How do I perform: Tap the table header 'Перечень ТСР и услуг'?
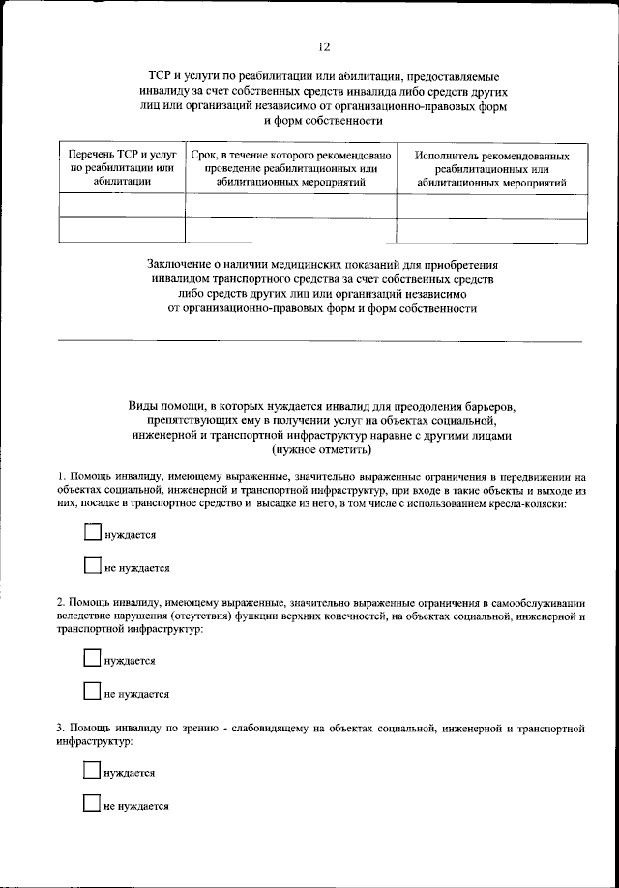pos(122,155)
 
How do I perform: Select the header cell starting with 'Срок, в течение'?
pos(290,155)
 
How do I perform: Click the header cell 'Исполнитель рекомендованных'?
pos(491,156)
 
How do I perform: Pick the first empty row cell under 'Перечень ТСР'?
pos(122,206)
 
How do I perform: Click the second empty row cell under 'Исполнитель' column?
pos(491,230)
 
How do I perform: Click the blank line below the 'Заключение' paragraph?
pos(320,341)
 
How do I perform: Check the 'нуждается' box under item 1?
pos(93,532)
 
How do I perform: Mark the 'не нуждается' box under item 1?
pos(93,566)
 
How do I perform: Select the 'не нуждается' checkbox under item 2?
pos(93,692)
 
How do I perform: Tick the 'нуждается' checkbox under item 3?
pos(93,771)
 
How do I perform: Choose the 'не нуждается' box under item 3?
pos(93,804)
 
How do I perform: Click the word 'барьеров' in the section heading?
pos(494,406)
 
